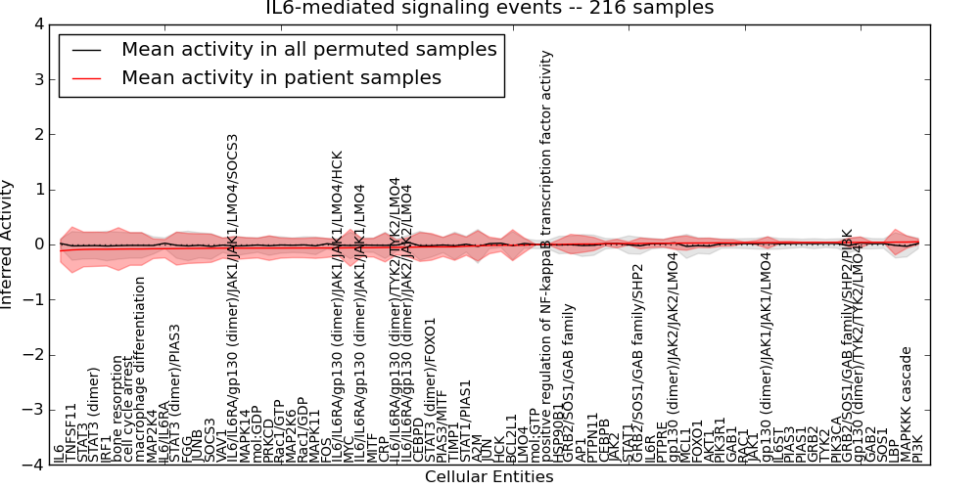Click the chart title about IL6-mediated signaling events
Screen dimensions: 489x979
(x=489, y=9)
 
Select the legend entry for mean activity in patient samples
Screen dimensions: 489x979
(x=281, y=77)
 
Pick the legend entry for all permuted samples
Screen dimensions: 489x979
(x=308, y=50)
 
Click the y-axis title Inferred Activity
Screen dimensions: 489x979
(x=9, y=244)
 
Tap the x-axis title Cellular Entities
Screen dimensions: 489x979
(x=489, y=477)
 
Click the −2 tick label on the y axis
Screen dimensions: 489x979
(x=35, y=355)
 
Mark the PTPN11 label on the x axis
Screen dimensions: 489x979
(x=592, y=436)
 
